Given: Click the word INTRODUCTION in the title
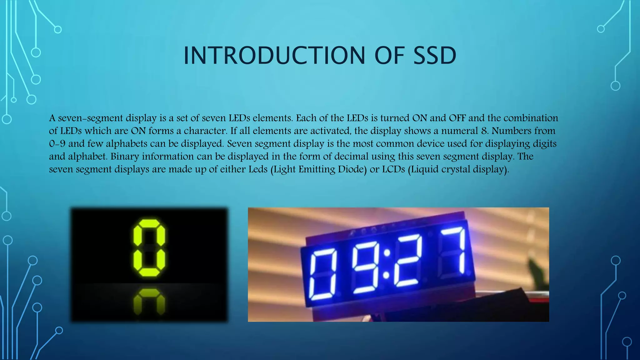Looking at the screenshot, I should pyautogui.click(x=274, y=56).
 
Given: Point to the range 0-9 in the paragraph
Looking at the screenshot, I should pyautogui.click(x=57, y=143).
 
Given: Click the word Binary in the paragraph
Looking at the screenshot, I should pyautogui.click(x=125, y=156).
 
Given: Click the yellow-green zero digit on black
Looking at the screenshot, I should pyautogui.click(x=149, y=248).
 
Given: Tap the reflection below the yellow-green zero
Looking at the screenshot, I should pyautogui.click(x=149, y=302).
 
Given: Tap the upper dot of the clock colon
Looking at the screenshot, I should pyautogui.click(x=387, y=252).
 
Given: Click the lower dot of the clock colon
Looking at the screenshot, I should pyautogui.click(x=386, y=275).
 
